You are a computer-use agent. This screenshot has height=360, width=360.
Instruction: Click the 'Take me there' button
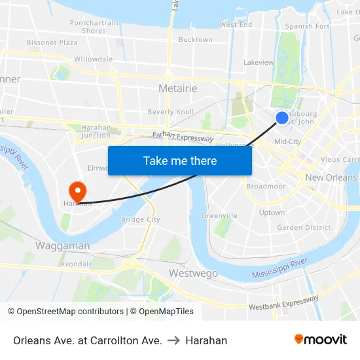[180, 160]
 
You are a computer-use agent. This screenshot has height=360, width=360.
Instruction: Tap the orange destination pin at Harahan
[77, 191]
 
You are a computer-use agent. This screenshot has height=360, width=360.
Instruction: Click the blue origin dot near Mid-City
[281, 117]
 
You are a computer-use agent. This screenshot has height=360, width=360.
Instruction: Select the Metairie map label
[178, 88]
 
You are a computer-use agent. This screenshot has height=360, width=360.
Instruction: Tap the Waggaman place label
[62, 245]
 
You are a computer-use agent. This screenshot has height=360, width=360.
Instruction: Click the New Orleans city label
[331, 177]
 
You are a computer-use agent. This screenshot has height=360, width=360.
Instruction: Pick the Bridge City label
[141, 219]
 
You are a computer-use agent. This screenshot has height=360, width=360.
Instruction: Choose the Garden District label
[304, 227]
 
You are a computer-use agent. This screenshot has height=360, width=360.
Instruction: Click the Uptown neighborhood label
[272, 212]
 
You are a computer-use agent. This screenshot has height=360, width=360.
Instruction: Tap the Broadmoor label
[266, 186]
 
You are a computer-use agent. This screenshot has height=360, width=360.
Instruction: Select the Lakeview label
[259, 62]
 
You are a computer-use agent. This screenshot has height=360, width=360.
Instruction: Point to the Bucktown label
[196, 39]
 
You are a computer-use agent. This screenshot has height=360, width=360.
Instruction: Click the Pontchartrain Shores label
[94, 27]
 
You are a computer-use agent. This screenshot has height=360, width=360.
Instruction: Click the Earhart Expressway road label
[183, 137]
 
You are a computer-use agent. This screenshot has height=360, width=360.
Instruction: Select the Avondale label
[77, 264]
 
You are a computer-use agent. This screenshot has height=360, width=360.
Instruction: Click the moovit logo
[321, 339]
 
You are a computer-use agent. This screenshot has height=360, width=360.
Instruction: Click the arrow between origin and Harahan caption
[173, 340]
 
